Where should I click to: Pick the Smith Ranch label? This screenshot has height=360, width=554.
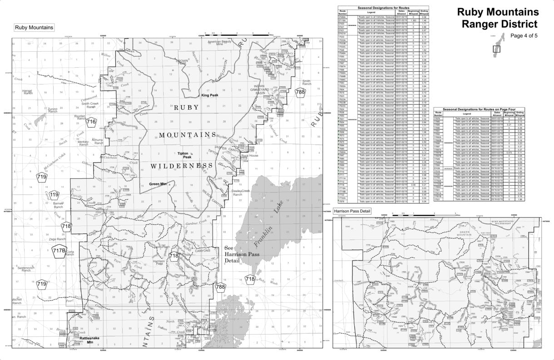[x=307, y=83]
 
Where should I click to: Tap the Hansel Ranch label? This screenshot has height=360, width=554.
[x=28, y=92]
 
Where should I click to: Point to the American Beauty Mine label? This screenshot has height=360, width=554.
[x=220, y=43]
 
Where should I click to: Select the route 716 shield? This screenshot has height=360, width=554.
[x=92, y=122]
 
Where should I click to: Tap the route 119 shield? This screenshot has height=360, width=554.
[x=54, y=195]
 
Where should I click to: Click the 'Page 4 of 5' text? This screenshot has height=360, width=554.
[x=524, y=36]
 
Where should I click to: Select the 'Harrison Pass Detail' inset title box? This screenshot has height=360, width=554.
[x=352, y=212]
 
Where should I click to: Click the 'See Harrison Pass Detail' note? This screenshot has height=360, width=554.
[x=238, y=255]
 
